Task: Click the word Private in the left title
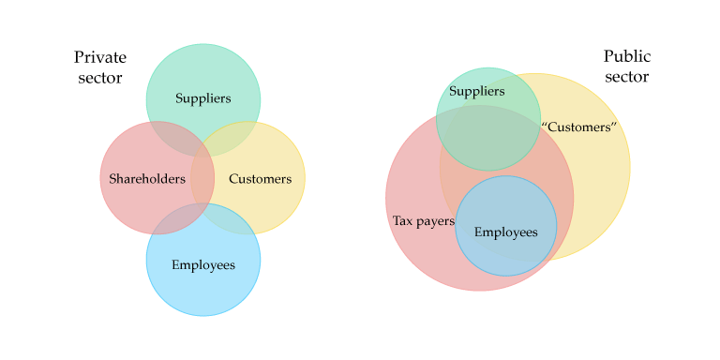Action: click(100, 58)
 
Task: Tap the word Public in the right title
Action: click(626, 56)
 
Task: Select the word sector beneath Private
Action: click(100, 78)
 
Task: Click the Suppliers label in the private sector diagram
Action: click(203, 98)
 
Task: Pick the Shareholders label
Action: click(147, 178)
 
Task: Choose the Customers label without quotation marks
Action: click(260, 178)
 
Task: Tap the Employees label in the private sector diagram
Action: click(203, 264)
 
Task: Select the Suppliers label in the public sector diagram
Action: click(476, 91)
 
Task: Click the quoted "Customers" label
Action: click(578, 127)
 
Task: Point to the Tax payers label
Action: click(423, 221)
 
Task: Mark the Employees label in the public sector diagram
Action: click(506, 232)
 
